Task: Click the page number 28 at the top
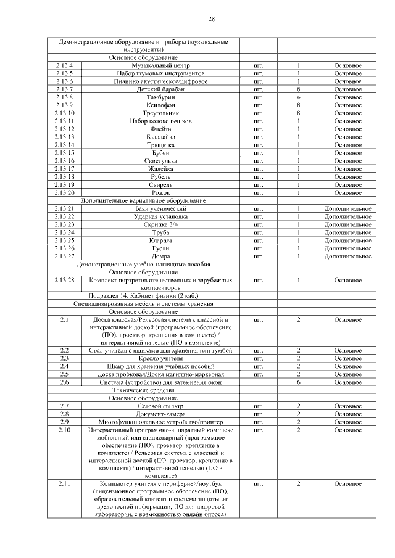click(x=211, y=19)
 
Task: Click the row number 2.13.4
click(x=64, y=65)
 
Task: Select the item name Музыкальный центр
click(x=161, y=65)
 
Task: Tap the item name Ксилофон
click(x=161, y=105)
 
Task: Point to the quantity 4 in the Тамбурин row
click(x=298, y=97)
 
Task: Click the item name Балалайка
click(x=161, y=137)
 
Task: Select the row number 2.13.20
click(x=64, y=193)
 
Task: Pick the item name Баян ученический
click(x=161, y=209)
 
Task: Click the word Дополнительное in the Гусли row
click(x=348, y=248)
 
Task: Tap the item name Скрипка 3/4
click(x=161, y=225)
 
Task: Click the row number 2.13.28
click(x=64, y=281)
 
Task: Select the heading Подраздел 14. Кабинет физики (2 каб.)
click(x=143, y=296)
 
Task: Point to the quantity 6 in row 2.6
click(x=298, y=382)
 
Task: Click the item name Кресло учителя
click(x=161, y=358)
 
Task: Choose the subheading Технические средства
click(x=143, y=390)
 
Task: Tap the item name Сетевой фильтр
click(x=161, y=406)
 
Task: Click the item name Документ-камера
click(x=161, y=414)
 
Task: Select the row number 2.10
click(x=64, y=430)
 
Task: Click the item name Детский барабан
click(x=161, y=89)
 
